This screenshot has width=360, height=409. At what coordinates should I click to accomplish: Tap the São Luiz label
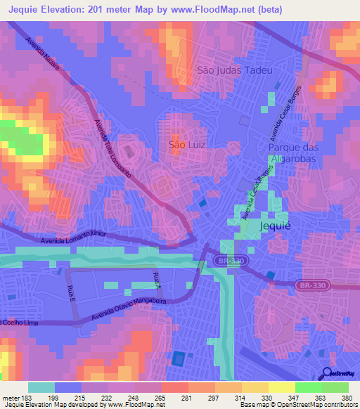click(x=187, y=145)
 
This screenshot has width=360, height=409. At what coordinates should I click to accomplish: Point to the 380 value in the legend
click(x=347, y=397)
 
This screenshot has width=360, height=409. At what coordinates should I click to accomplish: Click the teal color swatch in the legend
click(x=41, y=387)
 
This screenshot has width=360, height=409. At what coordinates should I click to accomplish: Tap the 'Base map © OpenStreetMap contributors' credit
click(x=297, y=405)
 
